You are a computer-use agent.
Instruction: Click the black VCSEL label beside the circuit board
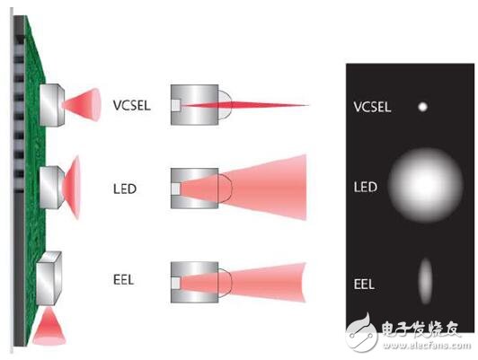click(132, 106)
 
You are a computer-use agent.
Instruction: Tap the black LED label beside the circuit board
click(125, 189)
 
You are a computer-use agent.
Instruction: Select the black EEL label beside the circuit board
click(123, 279)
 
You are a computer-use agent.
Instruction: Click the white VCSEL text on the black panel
click(372, 107)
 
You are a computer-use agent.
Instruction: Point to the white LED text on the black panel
click(365, 187)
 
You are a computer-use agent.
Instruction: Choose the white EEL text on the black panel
click(364, 285)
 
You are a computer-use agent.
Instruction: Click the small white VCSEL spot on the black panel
click(422, 107)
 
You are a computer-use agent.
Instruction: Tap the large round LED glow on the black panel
click(426, 185)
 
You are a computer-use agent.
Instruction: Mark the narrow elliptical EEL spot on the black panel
click(425, 281)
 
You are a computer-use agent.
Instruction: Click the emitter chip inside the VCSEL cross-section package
click(176, 105)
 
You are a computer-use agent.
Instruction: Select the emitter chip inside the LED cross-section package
click(176, 189)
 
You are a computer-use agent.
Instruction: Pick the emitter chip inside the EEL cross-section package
click(176, 283)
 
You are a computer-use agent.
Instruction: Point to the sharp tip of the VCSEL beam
click(308, 105)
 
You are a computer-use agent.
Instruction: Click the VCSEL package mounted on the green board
click(52, 105)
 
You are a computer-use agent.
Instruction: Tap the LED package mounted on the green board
click(52, 188)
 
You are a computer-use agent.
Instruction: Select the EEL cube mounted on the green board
click(49, 278)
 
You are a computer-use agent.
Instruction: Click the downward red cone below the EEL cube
click(49, 328)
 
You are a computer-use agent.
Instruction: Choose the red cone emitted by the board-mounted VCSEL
click(82, 105)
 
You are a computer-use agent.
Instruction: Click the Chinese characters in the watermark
click(420, 329)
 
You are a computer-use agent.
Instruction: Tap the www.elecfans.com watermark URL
click(428, 346)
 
